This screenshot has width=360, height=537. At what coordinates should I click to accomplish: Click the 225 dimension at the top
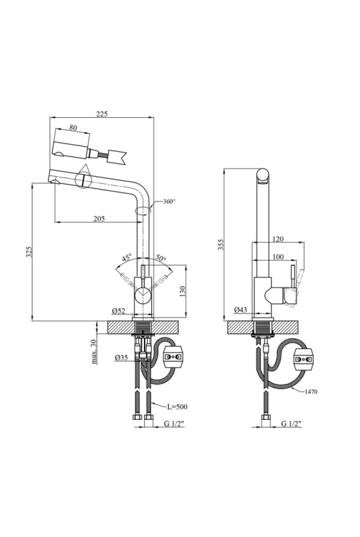click(x=101, y=114)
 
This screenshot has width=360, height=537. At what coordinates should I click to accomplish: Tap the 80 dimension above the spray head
click(x=73, y=128)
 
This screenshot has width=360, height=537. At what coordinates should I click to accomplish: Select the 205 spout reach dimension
click(x=99, y=219)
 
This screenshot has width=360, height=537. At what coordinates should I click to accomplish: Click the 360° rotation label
click(x=169, y=202)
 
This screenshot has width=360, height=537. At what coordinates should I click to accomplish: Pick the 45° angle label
click(x=126, y=257)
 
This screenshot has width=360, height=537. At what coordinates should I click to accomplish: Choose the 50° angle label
click(x=161, y=258)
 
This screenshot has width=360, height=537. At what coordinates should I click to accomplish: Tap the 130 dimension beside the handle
click(x=182, y=291)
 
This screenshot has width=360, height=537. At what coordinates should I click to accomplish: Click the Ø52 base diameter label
click(x=118, y=311)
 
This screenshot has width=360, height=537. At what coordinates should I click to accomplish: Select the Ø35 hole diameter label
click(x=122, y=358)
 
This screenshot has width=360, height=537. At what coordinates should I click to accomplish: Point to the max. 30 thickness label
click(x=94, y=352)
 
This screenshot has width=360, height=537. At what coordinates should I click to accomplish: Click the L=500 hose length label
click(x=177, y=407)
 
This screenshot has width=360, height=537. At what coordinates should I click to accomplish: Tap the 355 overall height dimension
click(x=221, y=245)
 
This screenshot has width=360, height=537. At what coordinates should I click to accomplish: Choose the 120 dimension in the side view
click(x=278, y=239)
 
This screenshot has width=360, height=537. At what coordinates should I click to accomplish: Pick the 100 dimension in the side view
click(x=278, y=257)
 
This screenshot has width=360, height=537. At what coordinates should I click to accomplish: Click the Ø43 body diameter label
click(x=241, y=310)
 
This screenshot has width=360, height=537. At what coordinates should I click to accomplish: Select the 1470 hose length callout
click(x=311, y=392)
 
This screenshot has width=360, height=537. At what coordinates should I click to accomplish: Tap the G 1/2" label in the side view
click(x=291, y=424)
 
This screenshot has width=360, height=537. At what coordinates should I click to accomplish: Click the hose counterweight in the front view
click(x=174, y=357)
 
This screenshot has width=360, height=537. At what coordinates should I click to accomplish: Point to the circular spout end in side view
click(x=264, y=174)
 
